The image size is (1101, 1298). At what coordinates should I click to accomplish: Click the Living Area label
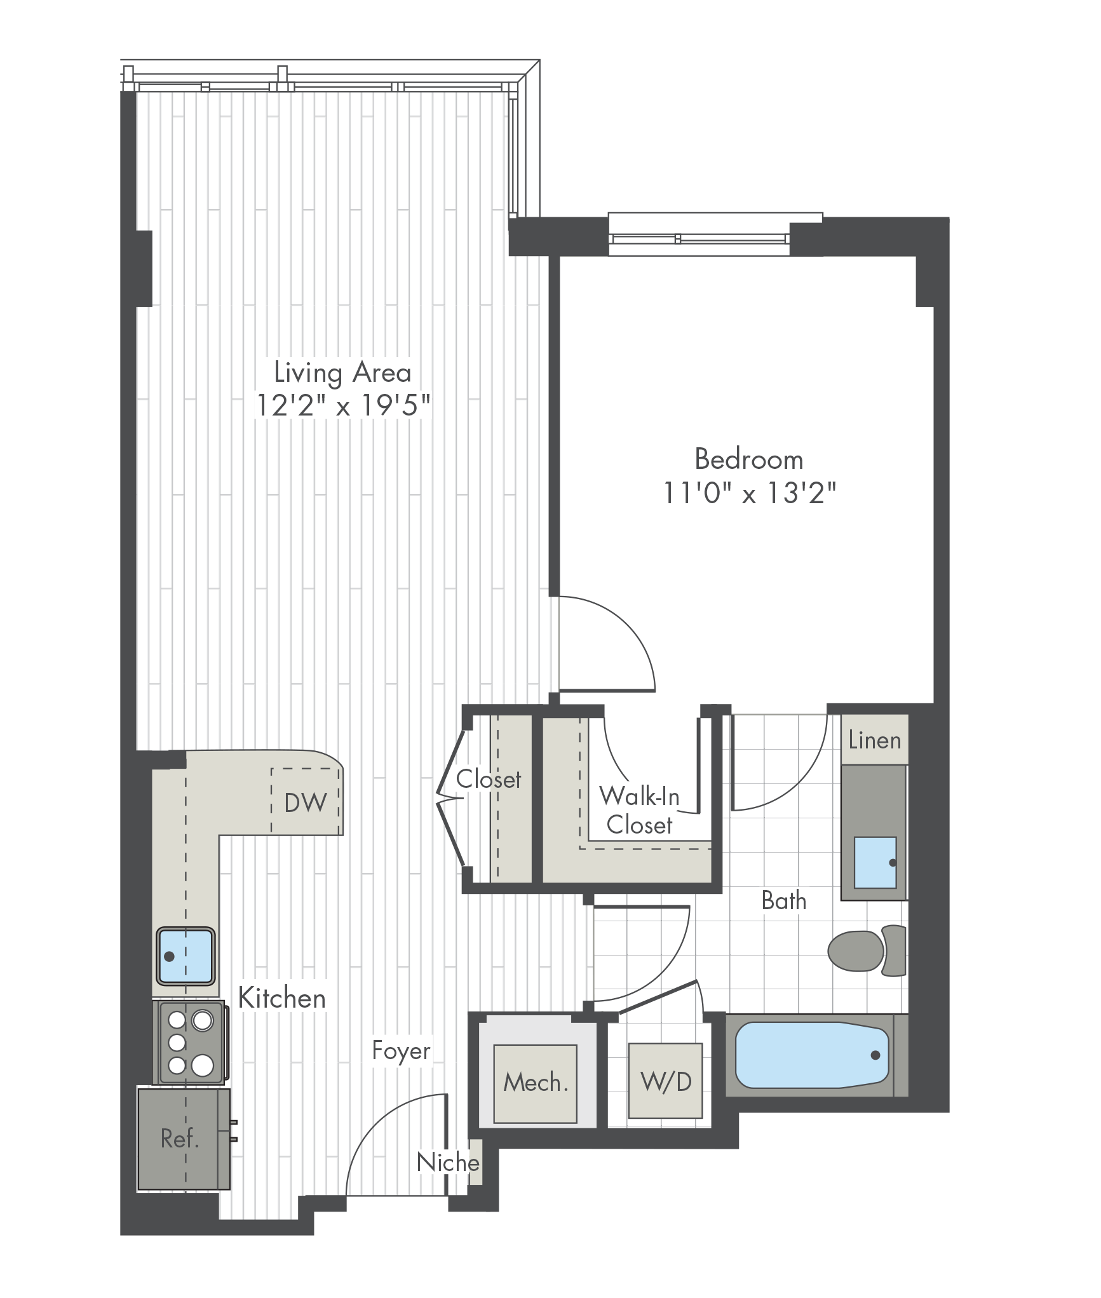(342, 374)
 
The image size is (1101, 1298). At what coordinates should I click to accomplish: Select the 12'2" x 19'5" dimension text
(343, 405)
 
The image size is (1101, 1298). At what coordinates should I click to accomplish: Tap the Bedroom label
(749, 459)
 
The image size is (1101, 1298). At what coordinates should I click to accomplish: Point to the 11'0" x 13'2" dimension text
(750, 492)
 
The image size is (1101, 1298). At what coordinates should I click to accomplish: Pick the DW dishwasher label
(306, 803)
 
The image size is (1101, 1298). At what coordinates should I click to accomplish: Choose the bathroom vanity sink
(875, 862)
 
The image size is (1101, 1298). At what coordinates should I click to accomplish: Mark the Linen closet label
(875, 740)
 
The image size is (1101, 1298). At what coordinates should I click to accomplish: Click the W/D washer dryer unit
(666, 1081)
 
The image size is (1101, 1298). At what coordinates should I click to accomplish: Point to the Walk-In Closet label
(639, 810)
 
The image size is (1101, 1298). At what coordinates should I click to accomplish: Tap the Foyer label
(402, 1051)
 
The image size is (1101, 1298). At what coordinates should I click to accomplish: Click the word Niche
(448, 1163)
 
